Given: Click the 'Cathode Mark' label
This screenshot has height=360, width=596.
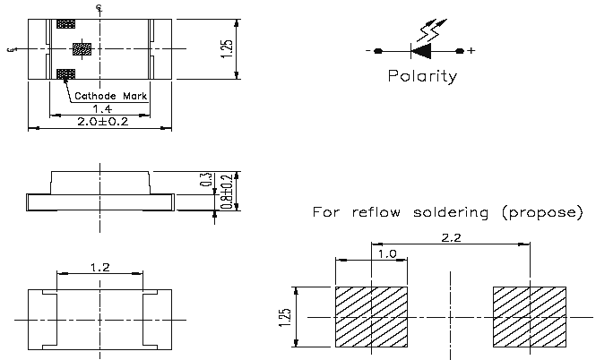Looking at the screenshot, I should pos(109,94).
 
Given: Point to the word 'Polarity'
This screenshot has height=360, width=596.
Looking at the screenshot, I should pos(422,76).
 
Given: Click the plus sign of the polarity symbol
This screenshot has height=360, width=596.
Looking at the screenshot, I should pos(472,50).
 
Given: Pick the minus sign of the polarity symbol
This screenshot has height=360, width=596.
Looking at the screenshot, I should pos(367,50).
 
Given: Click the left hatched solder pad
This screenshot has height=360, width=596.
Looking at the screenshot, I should pos(371,317).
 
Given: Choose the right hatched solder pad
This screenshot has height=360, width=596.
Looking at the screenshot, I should pos(529,317).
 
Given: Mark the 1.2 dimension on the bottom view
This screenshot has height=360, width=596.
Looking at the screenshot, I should pos(99,267).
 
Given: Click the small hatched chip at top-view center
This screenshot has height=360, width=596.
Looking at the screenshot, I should pos(80,49).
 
